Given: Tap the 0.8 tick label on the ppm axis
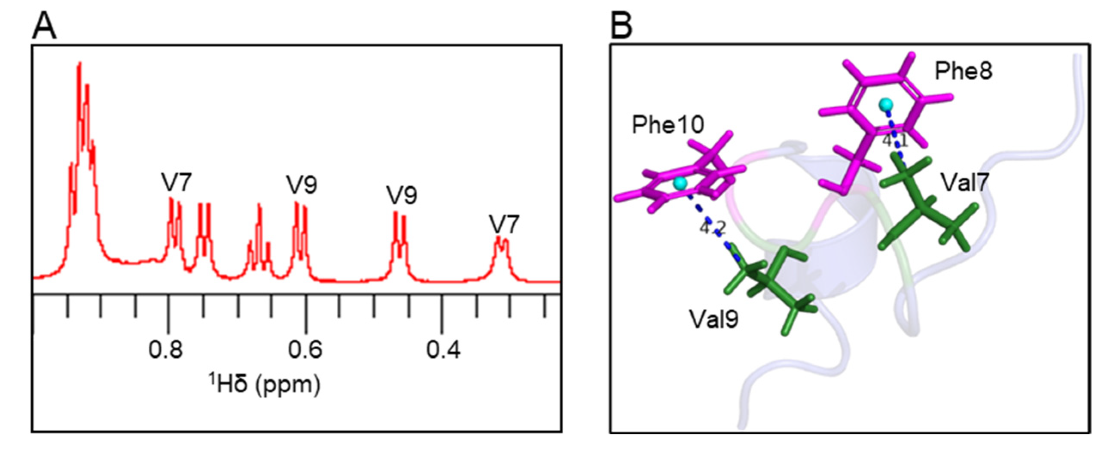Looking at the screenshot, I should [166, 349].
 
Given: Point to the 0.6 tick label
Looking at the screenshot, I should [305, 349].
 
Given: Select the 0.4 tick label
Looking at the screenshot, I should [443, 349].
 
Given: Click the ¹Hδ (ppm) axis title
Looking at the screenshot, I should [265, 384].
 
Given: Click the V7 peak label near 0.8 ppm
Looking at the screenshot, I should [176, 182].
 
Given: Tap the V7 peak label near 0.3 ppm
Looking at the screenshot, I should [504, 224].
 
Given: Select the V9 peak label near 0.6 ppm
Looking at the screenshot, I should [302, 185].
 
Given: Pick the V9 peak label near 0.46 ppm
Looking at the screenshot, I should [402, 196].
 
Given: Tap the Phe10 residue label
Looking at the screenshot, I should [668, 125].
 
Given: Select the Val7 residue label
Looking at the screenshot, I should [964, 182].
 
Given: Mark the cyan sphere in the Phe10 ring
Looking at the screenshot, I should [680, 184].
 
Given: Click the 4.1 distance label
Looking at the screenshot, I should [895, 141].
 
